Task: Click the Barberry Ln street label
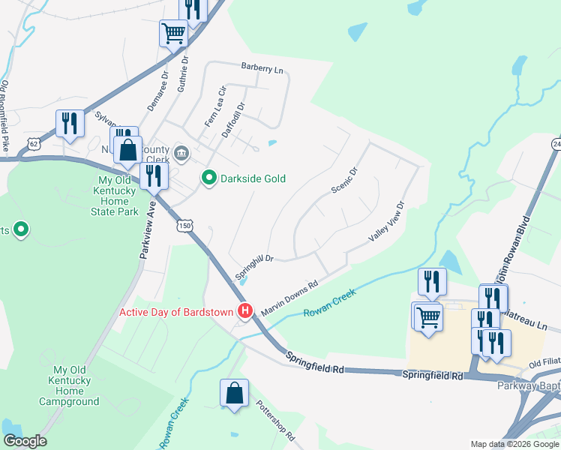click(262, 68)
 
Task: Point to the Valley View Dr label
click(386, 221)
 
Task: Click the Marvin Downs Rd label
click(290, 298)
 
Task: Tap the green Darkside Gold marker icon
click(208, 178)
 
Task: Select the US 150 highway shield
click(184, 224)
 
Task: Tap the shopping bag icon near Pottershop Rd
click(234, 392)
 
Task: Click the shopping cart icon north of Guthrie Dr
click(173, 32)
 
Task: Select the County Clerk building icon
click(181, 154)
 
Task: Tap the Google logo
click(25, 441)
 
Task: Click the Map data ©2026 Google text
click(514, 444)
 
